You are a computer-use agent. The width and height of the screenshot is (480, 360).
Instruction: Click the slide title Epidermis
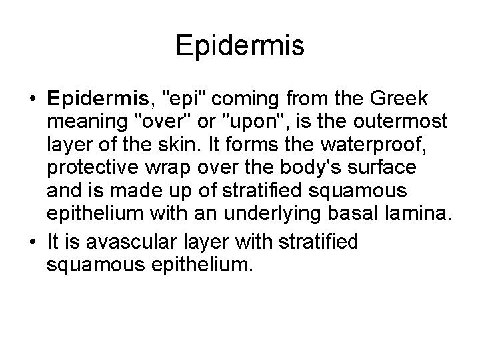240,46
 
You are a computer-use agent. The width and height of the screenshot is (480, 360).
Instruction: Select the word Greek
402,99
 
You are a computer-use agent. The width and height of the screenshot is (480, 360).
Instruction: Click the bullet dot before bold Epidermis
31,99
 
